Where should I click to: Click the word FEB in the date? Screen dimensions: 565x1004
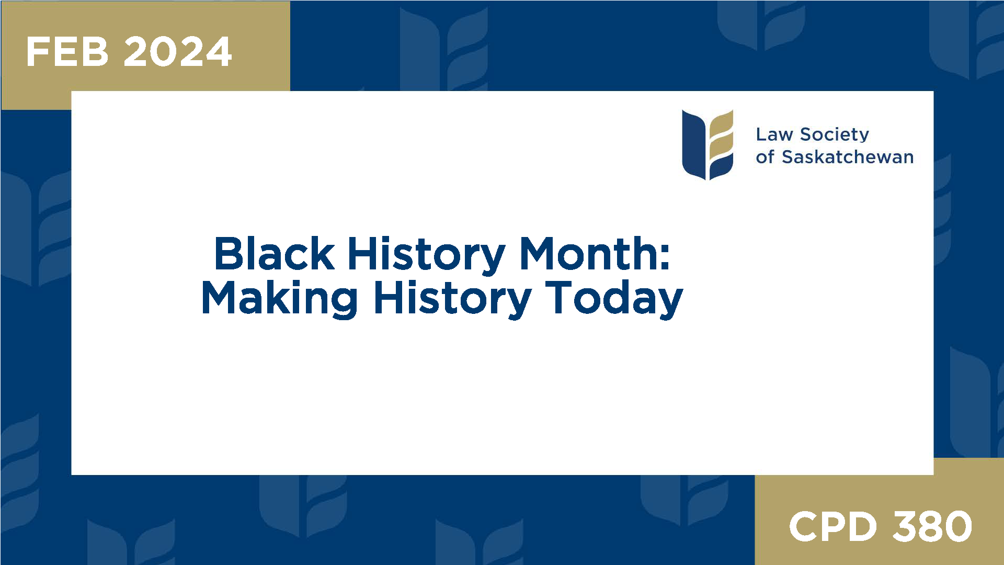(67, 52)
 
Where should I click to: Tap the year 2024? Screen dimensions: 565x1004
(178, 52)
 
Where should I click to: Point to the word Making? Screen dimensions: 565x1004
(279, 298)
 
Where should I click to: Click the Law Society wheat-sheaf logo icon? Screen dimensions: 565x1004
(708, 144)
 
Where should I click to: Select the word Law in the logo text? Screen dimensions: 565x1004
(774, 134)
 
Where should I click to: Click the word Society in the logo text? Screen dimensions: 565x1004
(835, 134)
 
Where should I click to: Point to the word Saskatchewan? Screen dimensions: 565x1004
(848, 157)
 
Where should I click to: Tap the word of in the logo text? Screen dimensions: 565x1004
(765, 157)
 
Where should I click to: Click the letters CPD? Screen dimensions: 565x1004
(832, 526)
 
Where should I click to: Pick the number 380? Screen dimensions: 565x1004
(932, 526)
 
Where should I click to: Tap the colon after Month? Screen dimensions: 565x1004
(664, 255)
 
